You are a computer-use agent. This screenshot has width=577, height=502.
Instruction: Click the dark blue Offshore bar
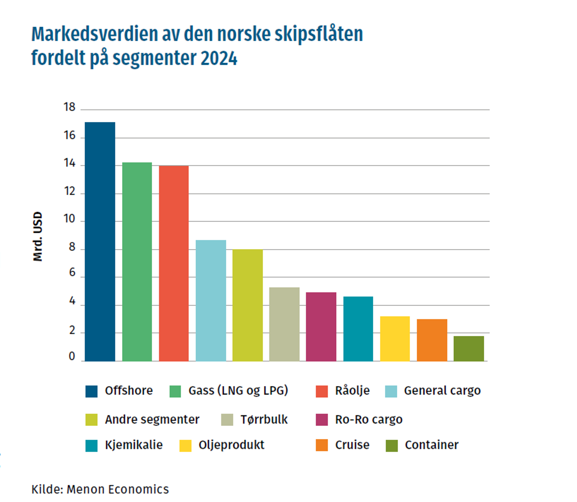coord(100,242)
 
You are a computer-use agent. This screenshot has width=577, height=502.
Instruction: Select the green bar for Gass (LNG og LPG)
coord(137,262)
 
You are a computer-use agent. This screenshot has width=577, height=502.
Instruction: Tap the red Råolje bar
coord(174,263)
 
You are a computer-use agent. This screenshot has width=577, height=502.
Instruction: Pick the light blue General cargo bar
coord(211,300)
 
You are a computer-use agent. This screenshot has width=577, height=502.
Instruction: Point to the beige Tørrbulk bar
coord(284,324)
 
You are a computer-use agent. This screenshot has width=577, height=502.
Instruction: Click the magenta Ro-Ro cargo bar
coord(321,327)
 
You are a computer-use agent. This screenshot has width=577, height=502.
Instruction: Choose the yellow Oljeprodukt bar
coord(395,339)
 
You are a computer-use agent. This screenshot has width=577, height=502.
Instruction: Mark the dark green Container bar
coord(469,348)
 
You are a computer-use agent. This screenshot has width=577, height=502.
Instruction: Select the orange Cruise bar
coord(432,340)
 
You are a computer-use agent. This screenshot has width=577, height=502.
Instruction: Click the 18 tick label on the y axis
coord(69,107)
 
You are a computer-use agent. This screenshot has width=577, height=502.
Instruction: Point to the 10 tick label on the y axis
coord(69,219)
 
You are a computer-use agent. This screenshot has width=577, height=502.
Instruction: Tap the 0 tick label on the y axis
coord(72,356)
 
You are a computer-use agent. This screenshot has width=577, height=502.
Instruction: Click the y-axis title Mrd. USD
coord(38,236)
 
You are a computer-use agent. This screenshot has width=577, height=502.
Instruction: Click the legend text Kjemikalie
coord(134,445)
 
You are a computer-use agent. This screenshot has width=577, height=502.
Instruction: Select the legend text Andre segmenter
coord(152,419)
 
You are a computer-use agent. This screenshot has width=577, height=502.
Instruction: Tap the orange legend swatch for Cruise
coord(322,445)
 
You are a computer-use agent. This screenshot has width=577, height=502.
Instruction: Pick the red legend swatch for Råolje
coord(322,391)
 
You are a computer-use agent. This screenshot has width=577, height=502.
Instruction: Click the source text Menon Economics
coord(118,489)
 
